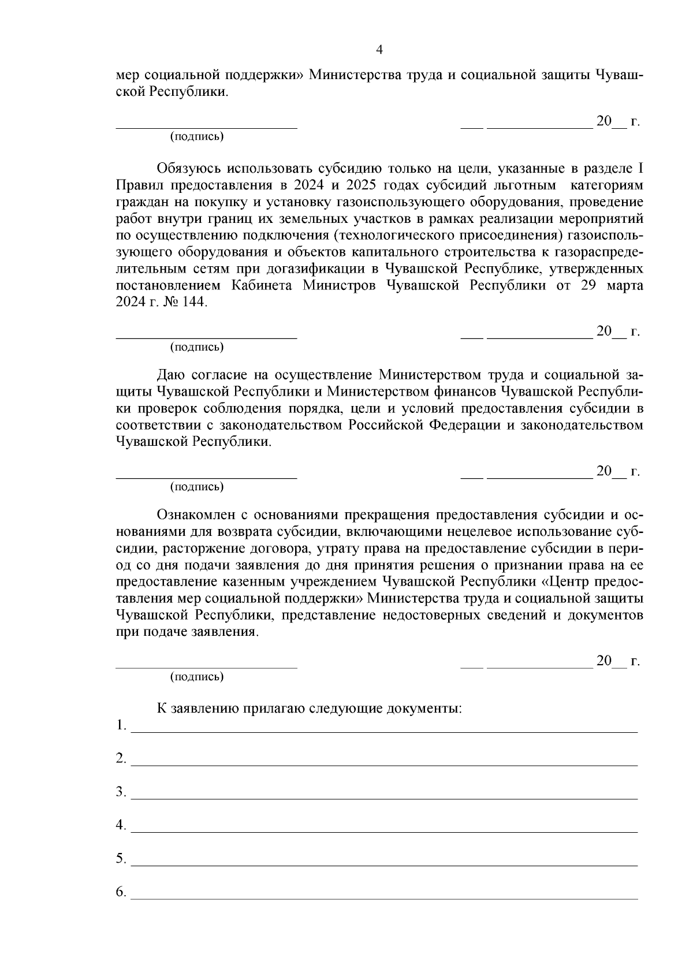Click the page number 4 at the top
click(x=379, y=50)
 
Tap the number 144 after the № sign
click(x=193, y=303)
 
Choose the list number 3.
click(x=121, y=792)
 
